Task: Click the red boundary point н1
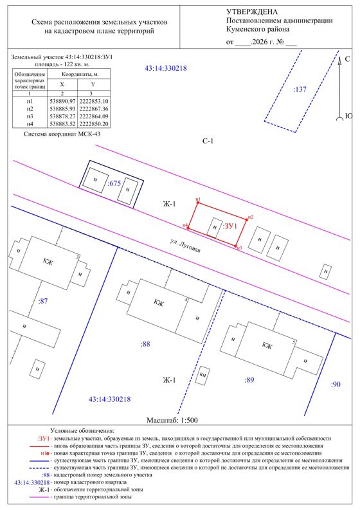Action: click(x=198, y=203)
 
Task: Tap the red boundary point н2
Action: click(x=246, y=220)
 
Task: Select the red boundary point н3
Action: click(x=236, y=246)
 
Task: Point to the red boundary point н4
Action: click(x=188, y=228)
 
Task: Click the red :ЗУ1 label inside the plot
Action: click(x=230, y=226)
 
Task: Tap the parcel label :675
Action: click(x=114, y=183)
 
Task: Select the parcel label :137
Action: click(x=300, y=89)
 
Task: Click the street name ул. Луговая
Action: click(x=185, y=246)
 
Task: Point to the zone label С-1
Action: click(x=208, y=141)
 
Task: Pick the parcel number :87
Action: click(x=43, y=301)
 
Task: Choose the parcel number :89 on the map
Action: click(x=249, y=379)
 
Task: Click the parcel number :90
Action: click(x=336, y=385)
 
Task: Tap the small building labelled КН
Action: click(x=203, y=376)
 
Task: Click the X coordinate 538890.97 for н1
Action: click(x=62, y=102)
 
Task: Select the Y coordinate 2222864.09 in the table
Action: click(x=94, y=116)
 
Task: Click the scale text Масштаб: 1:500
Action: click(x=172, y=420)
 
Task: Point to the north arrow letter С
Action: click(x=347, y=59)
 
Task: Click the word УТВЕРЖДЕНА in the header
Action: click(x=252, y=12)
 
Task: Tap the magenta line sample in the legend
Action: click(x=39, y=497)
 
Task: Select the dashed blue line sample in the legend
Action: click(x=39, y=468)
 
